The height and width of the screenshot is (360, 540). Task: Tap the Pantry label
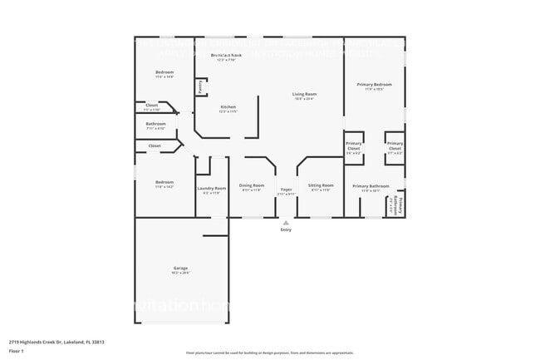(x=201, y=86)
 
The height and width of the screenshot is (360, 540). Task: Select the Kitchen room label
(x=228, y=107)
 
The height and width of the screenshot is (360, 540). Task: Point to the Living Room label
(x=304, y=94)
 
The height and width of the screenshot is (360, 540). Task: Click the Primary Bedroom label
(x=374, y=85)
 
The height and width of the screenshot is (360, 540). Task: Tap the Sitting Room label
(x=321, y=185)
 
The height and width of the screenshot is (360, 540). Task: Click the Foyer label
(x=286, y=190)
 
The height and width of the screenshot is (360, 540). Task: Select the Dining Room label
(x=252, y=185)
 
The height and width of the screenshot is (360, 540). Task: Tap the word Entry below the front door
(x=286, y=230)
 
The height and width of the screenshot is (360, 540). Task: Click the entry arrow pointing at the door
(x=286, y=222)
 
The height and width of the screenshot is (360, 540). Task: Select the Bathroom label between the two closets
(x=156, y=124)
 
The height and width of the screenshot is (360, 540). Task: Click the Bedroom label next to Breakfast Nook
(x=164, y=72)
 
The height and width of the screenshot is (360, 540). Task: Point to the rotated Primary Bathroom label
(x=400, y=204)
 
